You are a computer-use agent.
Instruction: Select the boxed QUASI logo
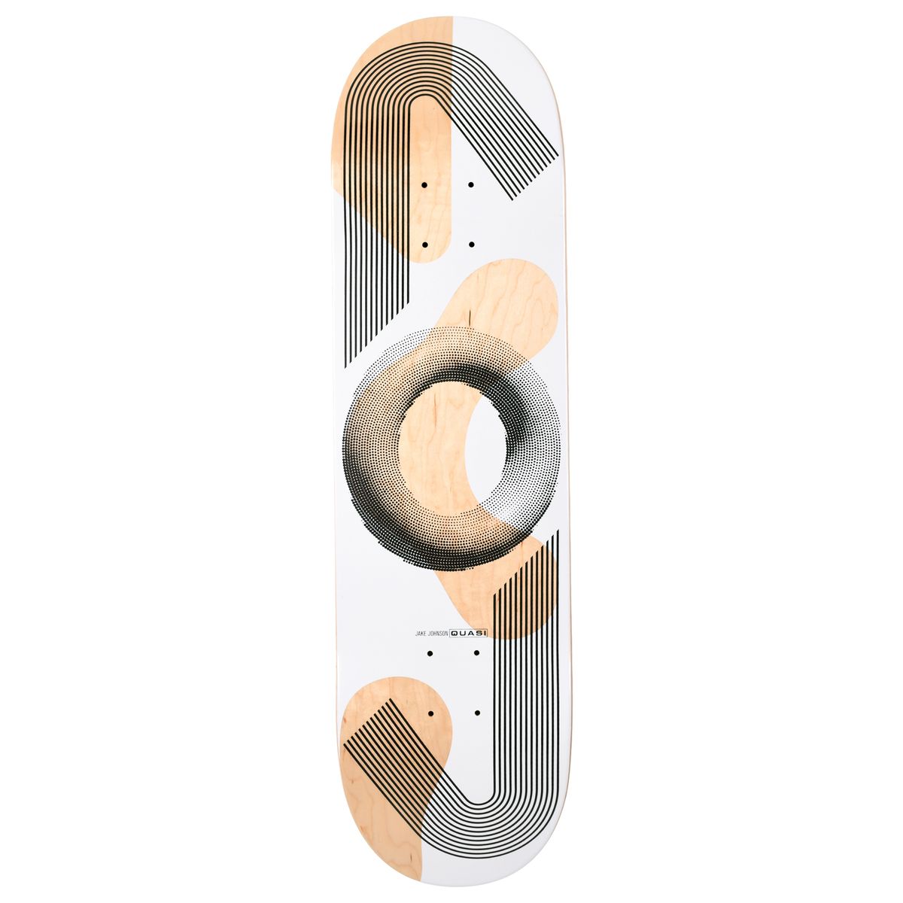(x=468, y=634)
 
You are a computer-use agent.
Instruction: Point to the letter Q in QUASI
(x=455, y=634)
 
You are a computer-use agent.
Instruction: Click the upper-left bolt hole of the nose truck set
(x=424, y=184)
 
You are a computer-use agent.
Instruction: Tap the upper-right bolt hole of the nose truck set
(x=471, y=184)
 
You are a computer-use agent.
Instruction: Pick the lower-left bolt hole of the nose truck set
(x=424, y=245)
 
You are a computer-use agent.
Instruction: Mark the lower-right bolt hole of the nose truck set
(x=471, y=245)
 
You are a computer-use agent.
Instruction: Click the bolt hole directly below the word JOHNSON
(x=430, y=653)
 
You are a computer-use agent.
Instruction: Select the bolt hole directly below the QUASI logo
(x=477, y=653)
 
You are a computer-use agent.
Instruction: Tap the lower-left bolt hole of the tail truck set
(x=430, y=712)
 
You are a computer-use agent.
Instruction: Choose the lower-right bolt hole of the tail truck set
(x=477, y=712)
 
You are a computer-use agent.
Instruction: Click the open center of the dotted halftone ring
(x=444, y=448)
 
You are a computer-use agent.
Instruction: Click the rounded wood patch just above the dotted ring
(x=504, y=301)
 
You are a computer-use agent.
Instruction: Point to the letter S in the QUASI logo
(x=476, y=634)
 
